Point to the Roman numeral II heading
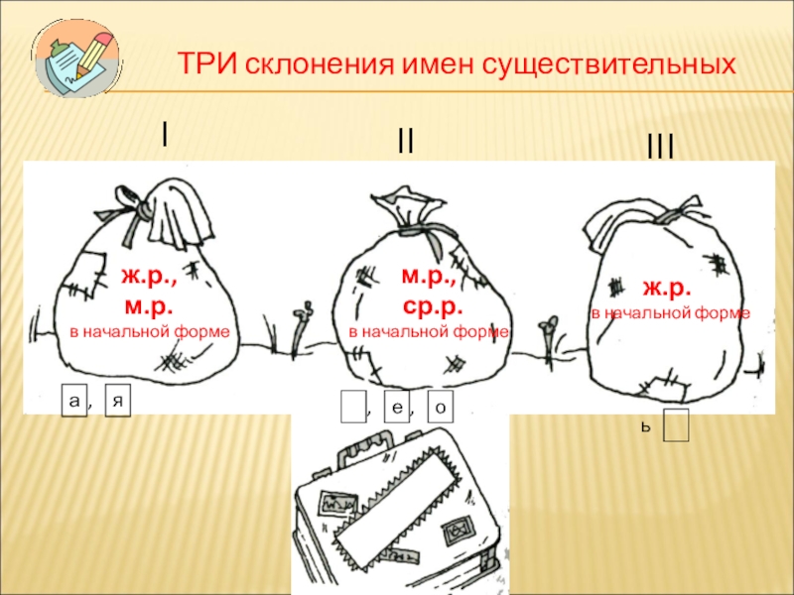click(405, 142)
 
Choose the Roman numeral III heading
click(660, 149)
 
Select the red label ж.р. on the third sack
click(666, 288)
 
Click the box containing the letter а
click(72, 401)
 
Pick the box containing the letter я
click(118, 402)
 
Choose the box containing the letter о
click(441, 407)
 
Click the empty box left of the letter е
click(352, 407)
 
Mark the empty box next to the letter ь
click(677, 425)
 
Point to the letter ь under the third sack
click(645, 427)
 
